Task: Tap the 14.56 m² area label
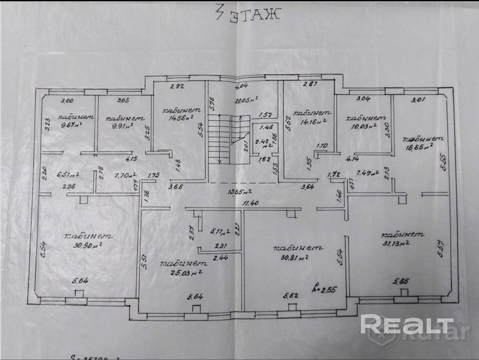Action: [178, 118]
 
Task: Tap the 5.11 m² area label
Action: [220, 231]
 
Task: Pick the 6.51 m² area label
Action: [68, 175]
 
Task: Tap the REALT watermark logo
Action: [407, 326]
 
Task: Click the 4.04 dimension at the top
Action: [242, 85]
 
